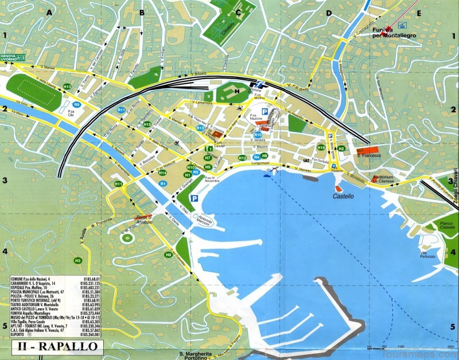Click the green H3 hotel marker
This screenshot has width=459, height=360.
[x=77, y=261]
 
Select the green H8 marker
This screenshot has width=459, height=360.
[x=169, y=255]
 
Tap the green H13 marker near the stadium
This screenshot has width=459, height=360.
[x=67, y=87]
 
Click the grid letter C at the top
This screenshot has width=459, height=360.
[x=238, y=11]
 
